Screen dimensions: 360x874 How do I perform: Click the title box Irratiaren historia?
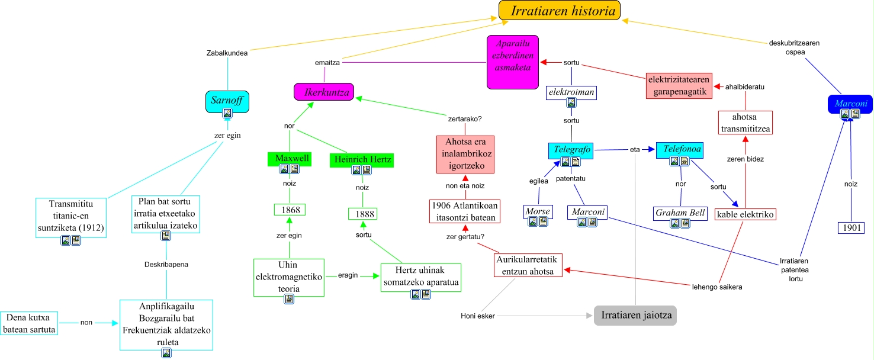[x=559, y=10]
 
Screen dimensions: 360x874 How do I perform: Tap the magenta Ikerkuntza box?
[x=324, y=92]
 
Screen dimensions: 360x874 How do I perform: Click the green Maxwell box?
[x=290, y=158]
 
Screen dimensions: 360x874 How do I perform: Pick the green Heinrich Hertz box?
[x=362, y=159]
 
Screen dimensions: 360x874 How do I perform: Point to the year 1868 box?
[x=290, y=210]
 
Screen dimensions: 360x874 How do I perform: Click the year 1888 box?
[x=362, y=214]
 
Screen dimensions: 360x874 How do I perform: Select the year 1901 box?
[x=851, y=228]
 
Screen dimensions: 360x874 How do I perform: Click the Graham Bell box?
[x=681, y=213]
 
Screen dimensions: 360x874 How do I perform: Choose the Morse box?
[x=538, y=211]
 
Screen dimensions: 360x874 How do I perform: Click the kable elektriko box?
[x=745, y=214]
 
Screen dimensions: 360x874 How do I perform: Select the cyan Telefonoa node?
[x=682, y=150]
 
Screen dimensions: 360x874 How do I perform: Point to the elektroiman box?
[x=571, y=93]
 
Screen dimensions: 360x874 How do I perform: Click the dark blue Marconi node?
[x=850, y=104]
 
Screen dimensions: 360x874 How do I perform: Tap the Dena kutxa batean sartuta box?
[x=29, y=323]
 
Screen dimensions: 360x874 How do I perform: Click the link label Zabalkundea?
[x=227, y=52]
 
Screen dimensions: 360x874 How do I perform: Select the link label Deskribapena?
[x=166, y=264]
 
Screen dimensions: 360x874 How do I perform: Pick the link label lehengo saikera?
[x=717, y=287]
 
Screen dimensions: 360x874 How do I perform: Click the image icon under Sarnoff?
[x=227, y=112]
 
